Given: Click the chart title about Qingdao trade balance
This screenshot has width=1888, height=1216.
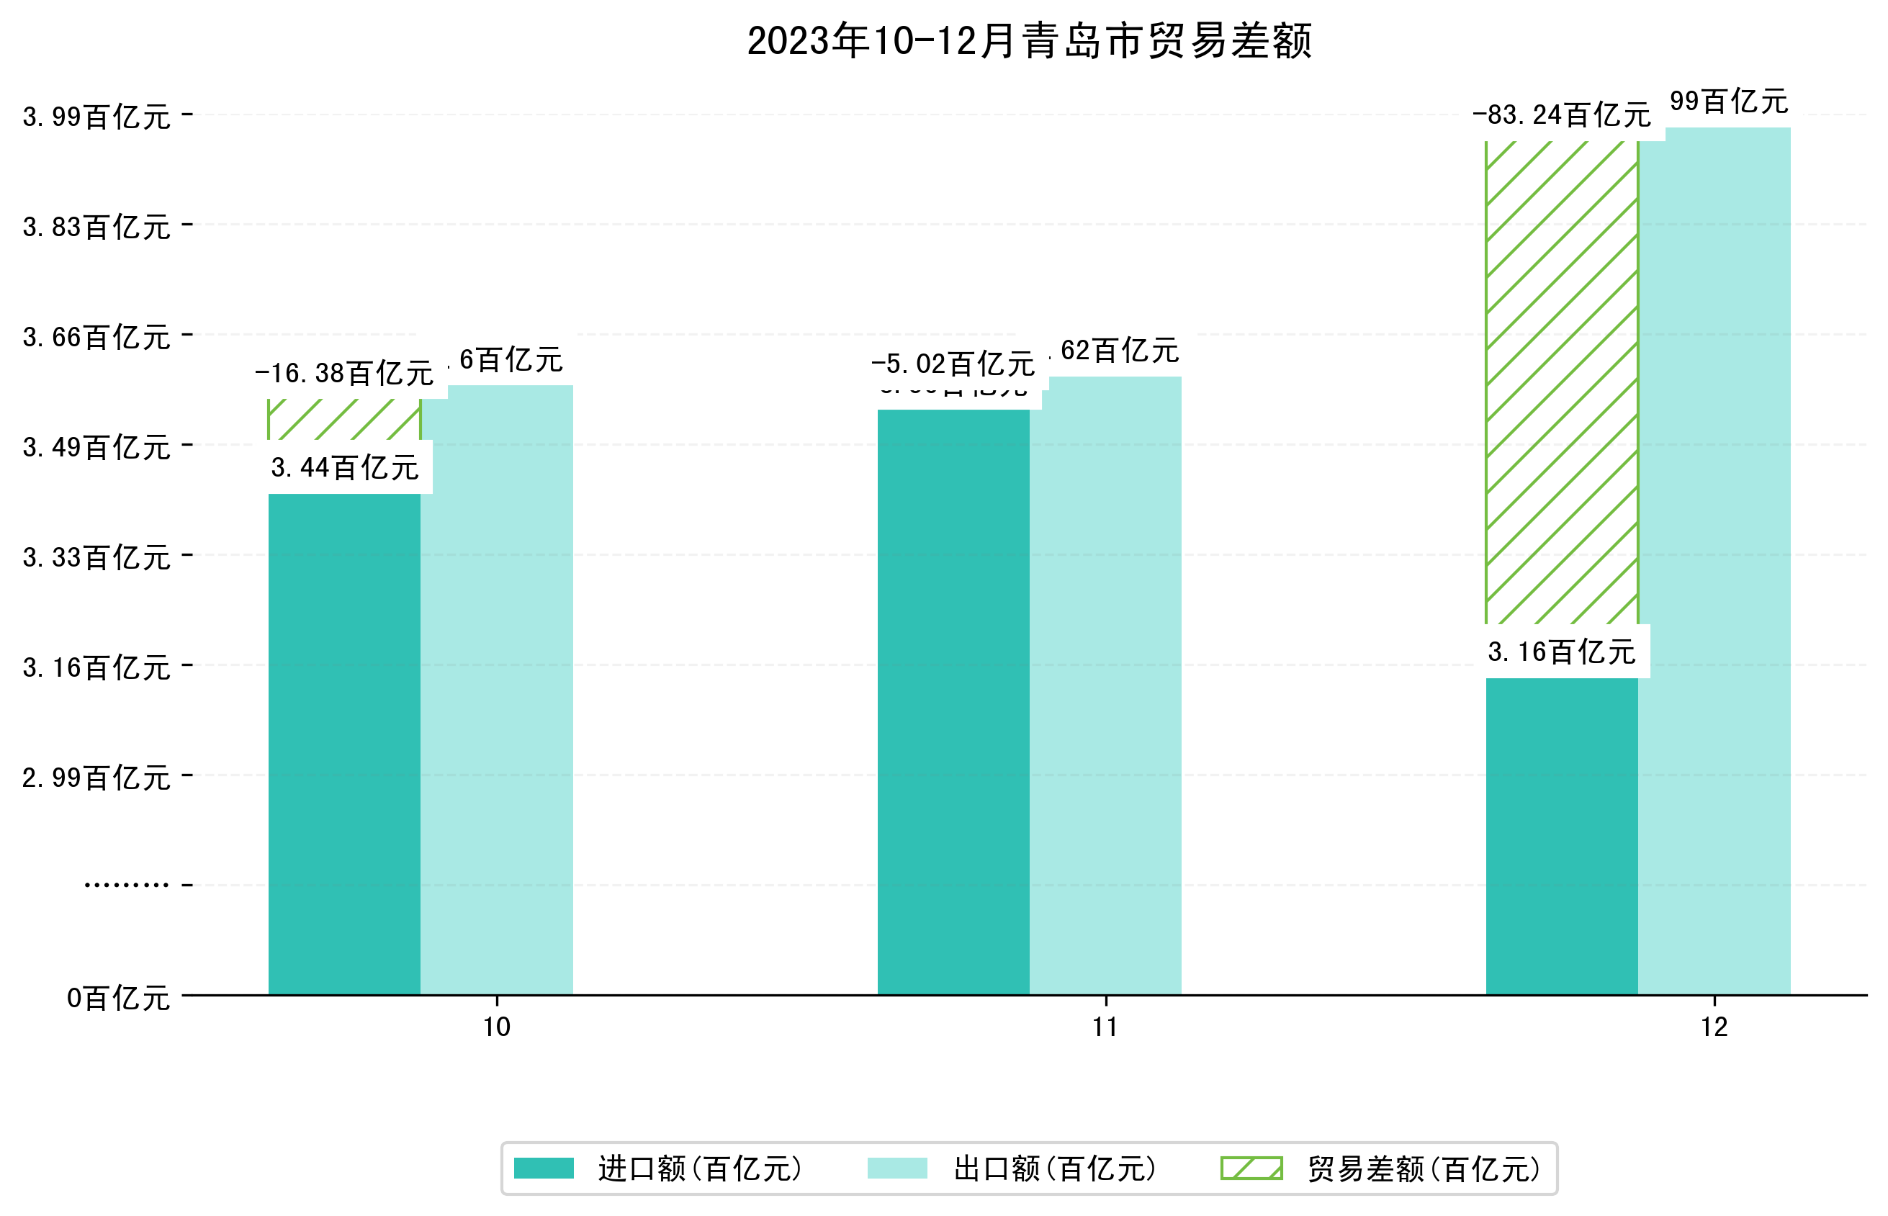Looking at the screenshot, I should pos(1029,41).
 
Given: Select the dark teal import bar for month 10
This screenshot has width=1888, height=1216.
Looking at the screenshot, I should pos(344,742).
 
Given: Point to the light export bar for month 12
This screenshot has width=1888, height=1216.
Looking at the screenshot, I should pos(1714,561).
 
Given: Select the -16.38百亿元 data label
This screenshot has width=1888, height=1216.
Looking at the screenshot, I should pos(344,374).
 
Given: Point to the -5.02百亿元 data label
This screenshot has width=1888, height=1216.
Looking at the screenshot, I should pos(953,364).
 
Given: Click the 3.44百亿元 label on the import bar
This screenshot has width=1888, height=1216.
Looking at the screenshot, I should pos(344,467).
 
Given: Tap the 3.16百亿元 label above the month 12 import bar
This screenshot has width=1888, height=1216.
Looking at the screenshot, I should pos(1561,652).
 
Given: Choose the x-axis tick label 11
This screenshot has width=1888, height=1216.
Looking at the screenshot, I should pos(1105,1027).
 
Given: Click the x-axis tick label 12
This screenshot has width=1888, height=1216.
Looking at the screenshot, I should pos(1714,1027).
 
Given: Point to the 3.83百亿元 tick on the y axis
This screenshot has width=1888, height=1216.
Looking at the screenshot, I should pos(96,228).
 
